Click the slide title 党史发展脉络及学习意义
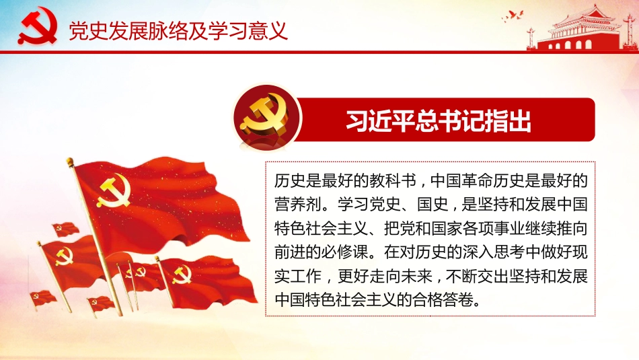coord(178,31)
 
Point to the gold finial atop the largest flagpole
coord(70,161)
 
